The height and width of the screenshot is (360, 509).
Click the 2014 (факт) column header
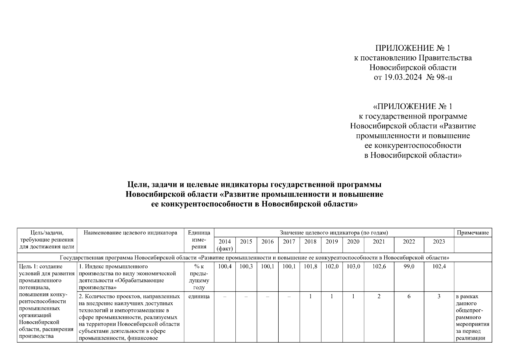click(225, 245)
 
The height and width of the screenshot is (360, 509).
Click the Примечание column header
click(473, 232)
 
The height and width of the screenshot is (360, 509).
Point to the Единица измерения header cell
click(199, 240)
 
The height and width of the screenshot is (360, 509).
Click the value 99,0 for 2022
click(409, 266)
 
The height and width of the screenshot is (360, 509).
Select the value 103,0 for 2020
click(353, 266)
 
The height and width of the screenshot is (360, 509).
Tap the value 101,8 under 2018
click(310, 266)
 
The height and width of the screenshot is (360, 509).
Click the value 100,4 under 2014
click(225, 266)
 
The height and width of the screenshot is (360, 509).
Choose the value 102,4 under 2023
click(439, 266)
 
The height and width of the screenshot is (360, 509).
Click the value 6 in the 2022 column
click(409, 296)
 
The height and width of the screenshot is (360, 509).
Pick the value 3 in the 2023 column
click(439, 296)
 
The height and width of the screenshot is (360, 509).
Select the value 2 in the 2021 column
click(379, 296)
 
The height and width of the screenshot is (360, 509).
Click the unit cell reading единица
click(199, 296)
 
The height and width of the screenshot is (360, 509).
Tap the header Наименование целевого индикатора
click(130, 232)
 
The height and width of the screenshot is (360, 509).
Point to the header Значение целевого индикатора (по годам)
click(334, 232)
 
